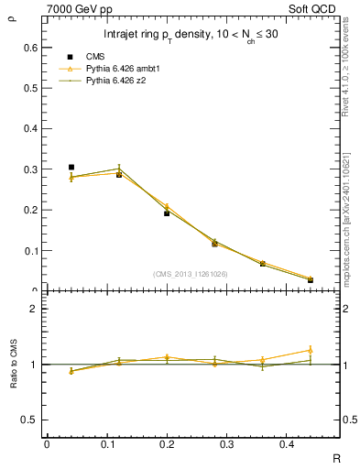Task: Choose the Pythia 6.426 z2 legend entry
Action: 116,81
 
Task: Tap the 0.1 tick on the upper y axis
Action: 32,250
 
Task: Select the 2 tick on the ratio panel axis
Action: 34,309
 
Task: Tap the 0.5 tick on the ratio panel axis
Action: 32,420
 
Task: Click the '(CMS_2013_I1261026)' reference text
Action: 190,274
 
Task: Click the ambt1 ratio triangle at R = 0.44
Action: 310,350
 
